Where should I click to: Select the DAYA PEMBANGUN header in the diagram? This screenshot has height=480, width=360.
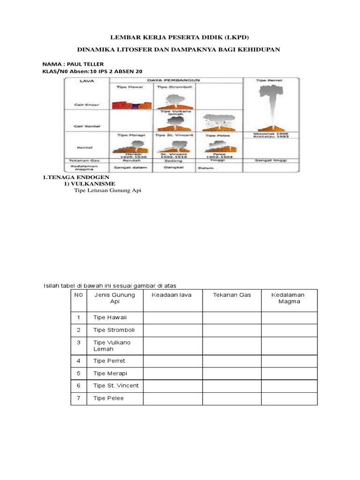176,81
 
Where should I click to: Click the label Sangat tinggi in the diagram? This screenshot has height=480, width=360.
270,160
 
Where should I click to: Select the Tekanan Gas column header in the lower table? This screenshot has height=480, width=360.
232,295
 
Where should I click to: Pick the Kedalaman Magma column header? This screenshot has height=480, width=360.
288,298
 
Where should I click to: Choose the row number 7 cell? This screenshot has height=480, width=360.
79,398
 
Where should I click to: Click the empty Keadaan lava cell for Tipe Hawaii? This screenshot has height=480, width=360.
172,318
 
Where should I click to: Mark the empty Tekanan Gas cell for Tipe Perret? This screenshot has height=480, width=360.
232,361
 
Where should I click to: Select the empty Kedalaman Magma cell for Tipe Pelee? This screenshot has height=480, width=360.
289,398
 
